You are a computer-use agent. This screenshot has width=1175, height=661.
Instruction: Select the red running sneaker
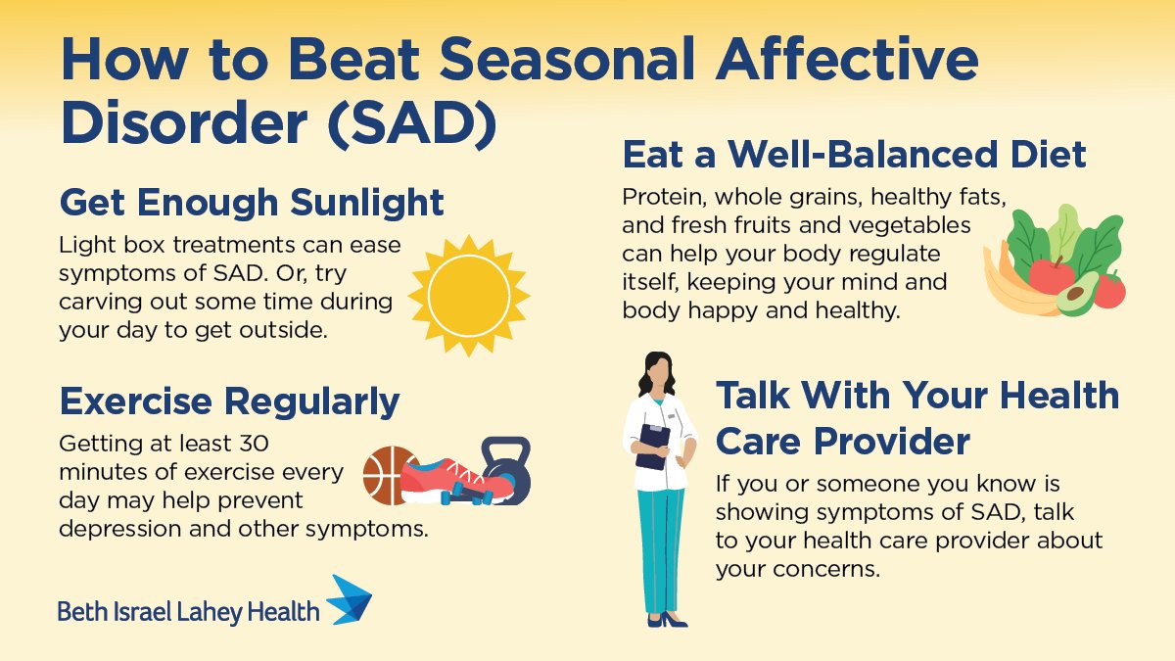pos(453,476)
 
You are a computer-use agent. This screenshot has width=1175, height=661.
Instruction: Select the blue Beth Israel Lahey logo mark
pos(349,599)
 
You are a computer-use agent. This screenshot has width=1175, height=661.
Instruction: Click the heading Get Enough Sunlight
pos(252,203)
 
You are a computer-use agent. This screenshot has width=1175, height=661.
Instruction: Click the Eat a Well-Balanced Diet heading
pos(854,155)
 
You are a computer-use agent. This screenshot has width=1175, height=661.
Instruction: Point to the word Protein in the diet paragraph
pos(661,197)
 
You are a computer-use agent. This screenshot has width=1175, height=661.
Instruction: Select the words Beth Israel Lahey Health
pos(188,612)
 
